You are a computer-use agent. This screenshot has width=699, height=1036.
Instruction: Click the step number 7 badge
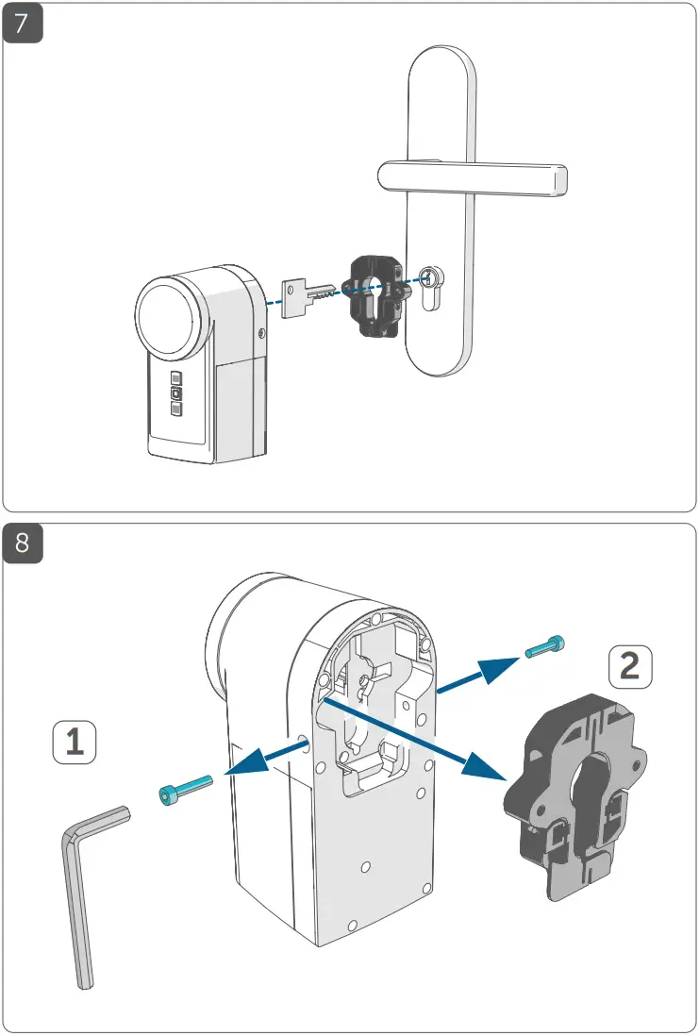click(x=23, y=23)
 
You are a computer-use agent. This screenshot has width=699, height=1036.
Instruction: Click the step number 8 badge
click(x=23, y=543)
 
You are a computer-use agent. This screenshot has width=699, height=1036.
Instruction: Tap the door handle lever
click(x=472, y=176)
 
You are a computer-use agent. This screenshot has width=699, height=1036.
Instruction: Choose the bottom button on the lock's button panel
click(x=175, y=409)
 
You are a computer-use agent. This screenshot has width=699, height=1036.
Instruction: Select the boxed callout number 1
click(x=74, y=743)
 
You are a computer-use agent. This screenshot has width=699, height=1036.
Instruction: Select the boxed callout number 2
click(x=628, y=667)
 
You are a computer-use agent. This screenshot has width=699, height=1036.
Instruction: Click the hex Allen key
click(x=81, y=896)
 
